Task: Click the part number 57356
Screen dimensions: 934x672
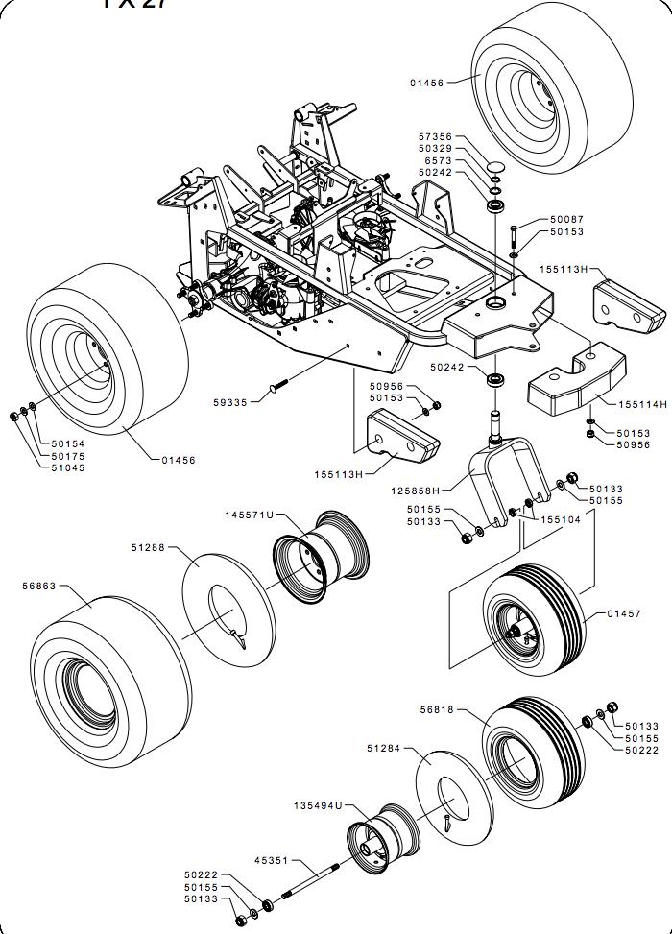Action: (x=434, y=137)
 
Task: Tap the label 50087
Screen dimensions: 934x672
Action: (x=566, y=220)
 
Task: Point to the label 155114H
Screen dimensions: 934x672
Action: (x=643, y=404)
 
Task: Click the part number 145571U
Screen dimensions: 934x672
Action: (x=250, y=515)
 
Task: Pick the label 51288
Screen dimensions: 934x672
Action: (x=148, y=548)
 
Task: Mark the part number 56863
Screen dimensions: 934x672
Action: (x=39, y=584)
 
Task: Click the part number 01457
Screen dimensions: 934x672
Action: (x=624, y=613)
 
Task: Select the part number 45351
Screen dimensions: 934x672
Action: (x=271, y=861)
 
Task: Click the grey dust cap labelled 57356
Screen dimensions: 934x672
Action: (x=495, y=169)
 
